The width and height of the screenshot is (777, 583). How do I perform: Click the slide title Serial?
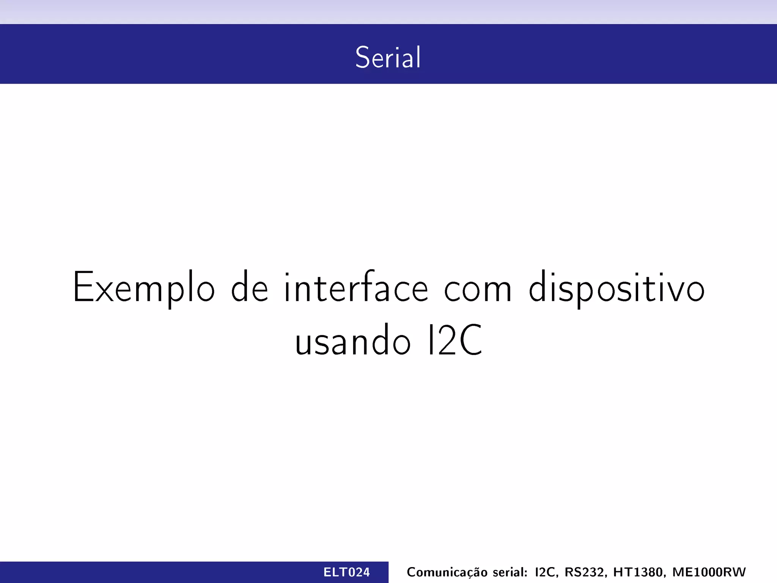(x=388, y=57)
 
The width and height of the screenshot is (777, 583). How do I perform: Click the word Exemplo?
(x=144, y=288)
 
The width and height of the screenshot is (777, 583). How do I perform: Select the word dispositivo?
(x=617, y=288)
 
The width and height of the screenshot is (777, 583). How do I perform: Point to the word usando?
(x=352, y=340)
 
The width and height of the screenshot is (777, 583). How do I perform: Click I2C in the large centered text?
(x=455, y=340)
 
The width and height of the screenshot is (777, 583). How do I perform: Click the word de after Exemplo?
(x=250, y=287)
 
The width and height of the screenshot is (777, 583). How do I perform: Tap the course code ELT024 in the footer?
(x=346, y=572)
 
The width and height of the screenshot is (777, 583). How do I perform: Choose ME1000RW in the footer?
(x=709, y=572)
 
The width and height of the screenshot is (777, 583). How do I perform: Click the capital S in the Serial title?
(x=362, y=57)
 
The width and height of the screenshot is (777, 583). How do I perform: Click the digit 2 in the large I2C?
(x=446, y=340)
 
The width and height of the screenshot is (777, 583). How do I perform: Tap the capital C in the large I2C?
(x=470, y=340)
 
